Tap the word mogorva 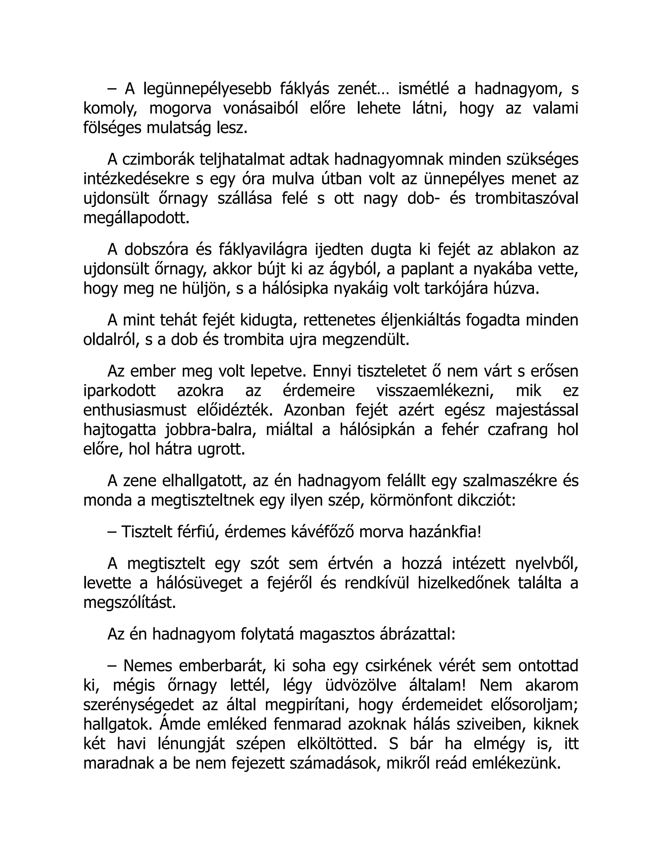[180, 109]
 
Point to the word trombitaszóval [526, 199]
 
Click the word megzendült [366, 340]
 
